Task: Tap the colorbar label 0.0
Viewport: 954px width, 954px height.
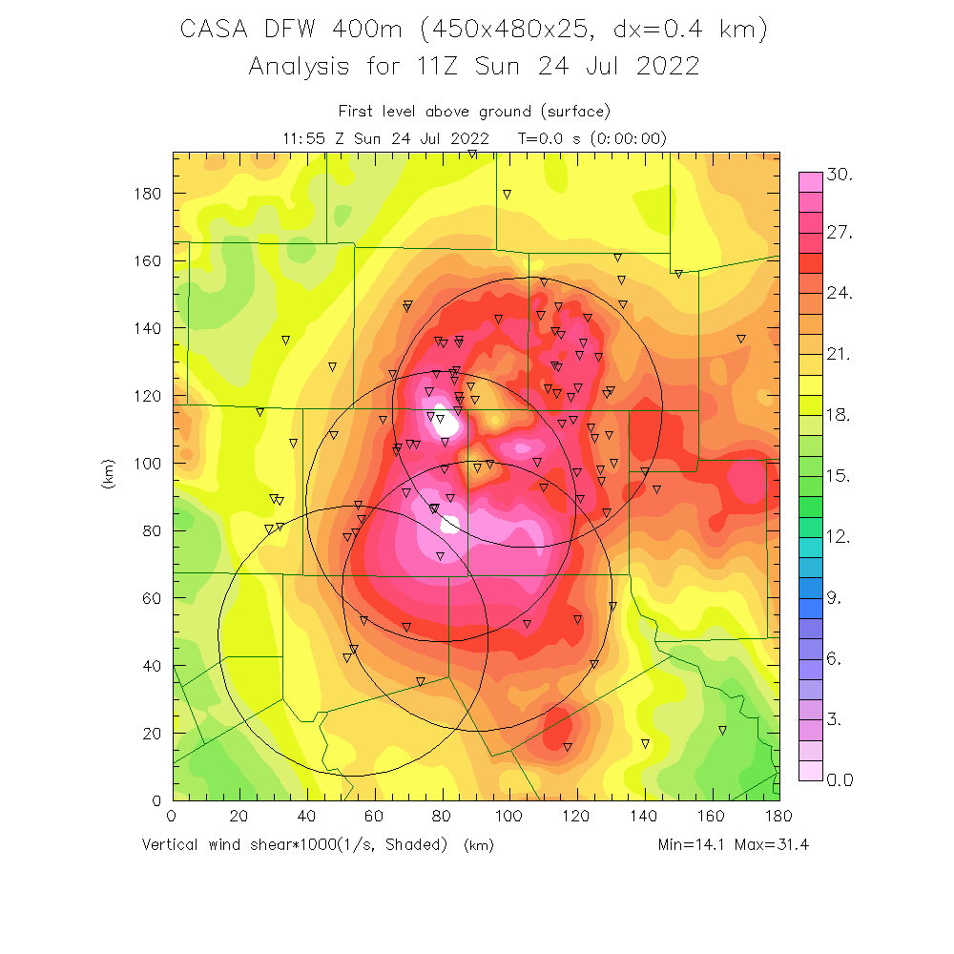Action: pyautogui.click(x=840, y=780)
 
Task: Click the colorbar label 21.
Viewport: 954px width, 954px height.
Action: pyautogui.click(x=840, y=355)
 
